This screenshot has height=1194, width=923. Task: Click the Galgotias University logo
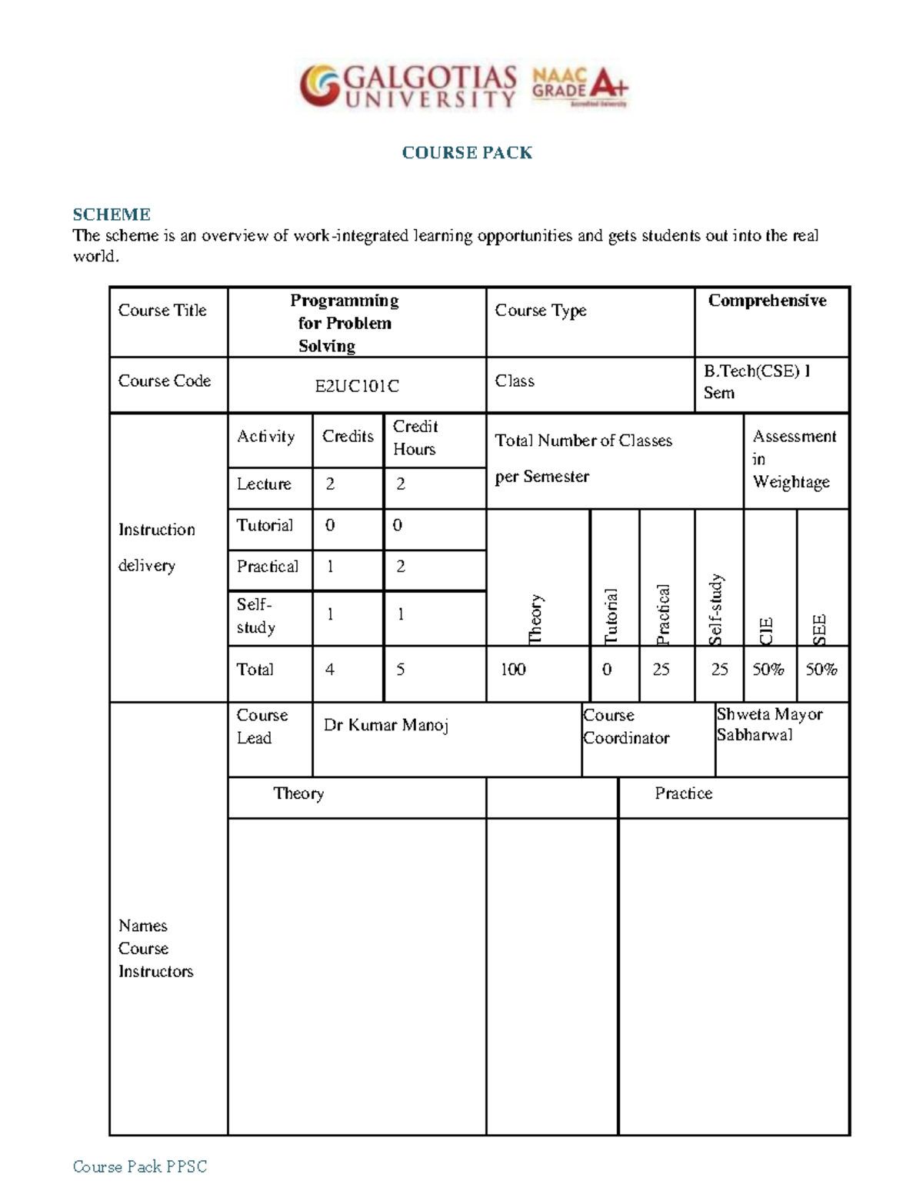pyautogui.click(x=408, y=86)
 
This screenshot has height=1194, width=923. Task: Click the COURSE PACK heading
pyautogui.click(x=467, y=153)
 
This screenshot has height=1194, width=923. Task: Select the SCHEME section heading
pyautogui.click(x=112, y=215)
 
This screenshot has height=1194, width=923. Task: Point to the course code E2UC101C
pyautogui.click(x=357, y=386)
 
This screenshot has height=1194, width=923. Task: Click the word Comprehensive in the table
pyautogui.click(x=767, y=301)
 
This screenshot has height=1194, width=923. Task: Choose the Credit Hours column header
pyautogui.click(x=415, y=437)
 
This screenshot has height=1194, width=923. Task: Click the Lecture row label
pyautogui.click(x=264, y=484)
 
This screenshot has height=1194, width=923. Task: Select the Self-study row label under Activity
pyautogui.click(x=255, y=616)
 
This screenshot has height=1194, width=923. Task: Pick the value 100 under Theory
pyautogui.click(x=513, y=670)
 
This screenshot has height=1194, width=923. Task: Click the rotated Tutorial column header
pyautogui.click(x=611, y=616)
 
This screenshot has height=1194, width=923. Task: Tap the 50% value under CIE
pyautogui.click(x=768, y=670)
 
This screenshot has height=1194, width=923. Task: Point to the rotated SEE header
pyautogui.click(x=820, y=629)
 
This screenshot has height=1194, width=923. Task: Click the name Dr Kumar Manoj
pyautogui.click(x=386, y=725)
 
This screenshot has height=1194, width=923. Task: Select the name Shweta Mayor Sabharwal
pyautogui.click(x=769, y=724)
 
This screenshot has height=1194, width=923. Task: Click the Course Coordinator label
pyautogui.click(x=626, y=727)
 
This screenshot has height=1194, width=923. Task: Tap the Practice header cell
pyautogui.click(x=683, y=793)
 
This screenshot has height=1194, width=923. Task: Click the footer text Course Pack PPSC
pyautogui.click(x=140, y=1166)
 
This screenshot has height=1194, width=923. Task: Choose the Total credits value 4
pyautogui.click(x=330, y=670)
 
